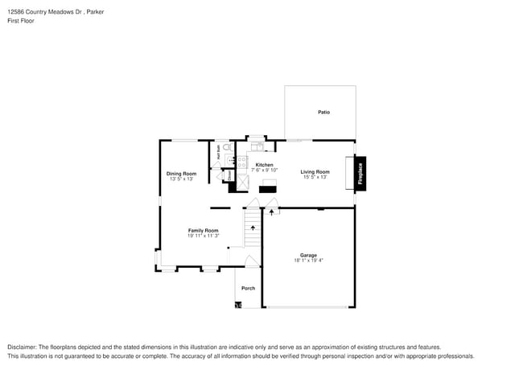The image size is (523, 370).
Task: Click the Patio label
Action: coord(323,112)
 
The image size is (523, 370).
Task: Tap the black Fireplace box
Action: coord(360,174)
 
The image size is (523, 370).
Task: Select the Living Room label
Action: coord(315,171)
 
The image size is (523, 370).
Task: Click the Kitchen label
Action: coord(264,164)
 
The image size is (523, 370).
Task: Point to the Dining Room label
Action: coord(181,174)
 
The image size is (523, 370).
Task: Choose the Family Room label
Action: coord(203,230)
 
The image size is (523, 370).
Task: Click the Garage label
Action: coord(308,255)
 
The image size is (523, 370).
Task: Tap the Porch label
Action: coord(248,288)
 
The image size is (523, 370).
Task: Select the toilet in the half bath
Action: coord(227,149)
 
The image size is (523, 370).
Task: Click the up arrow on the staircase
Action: coord(253,228)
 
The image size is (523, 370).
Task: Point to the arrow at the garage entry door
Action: coord(271,212)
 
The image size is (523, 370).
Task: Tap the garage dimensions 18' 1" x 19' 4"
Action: coord(308,261)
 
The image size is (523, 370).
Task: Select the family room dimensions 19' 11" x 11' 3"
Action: coord(203,236)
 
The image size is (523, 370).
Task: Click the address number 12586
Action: coord(16,12)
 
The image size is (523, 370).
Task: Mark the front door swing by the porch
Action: coord(252,261)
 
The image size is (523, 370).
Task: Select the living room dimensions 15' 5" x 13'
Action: coord(315,177)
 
